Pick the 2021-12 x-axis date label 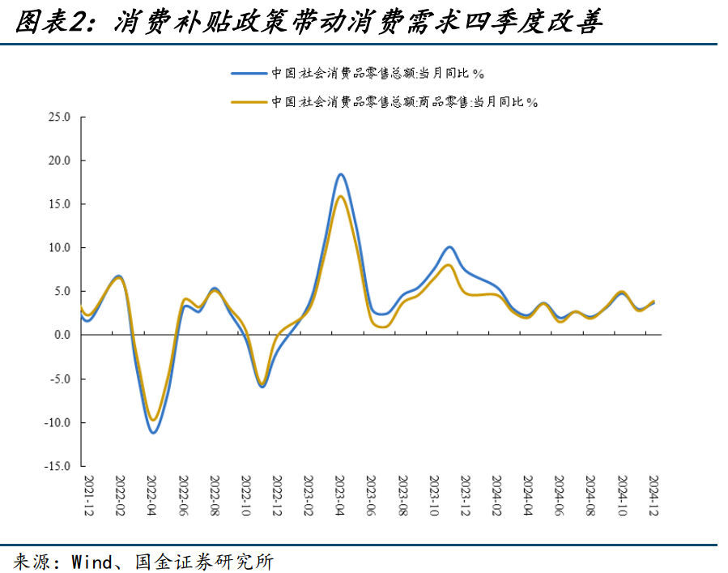[88, 496]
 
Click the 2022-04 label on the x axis [151, 496]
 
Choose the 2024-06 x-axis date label [560, 496]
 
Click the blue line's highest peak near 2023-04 [341, 174]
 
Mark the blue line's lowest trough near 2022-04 [152, 432]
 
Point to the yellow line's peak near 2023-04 [341, 196]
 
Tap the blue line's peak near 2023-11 [450, 246]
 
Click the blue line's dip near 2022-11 [262, 387]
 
